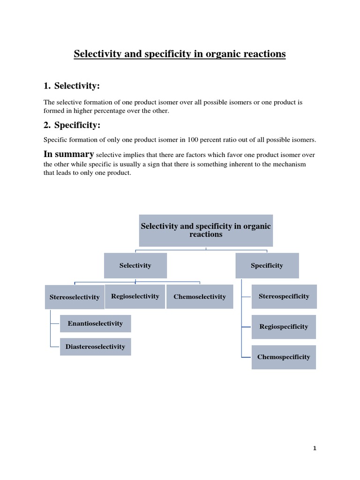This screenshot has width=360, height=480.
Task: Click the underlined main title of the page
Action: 180,54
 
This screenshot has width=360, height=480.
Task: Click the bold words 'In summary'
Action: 68,154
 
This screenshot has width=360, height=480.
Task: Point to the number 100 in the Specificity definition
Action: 193,140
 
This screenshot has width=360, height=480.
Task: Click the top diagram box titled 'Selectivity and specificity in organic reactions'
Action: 206,230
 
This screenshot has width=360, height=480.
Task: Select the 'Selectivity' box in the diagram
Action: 135,265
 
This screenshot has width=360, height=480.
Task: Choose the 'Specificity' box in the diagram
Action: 267,265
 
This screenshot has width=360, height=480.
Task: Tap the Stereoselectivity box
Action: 75,297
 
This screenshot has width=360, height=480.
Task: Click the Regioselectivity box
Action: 135,296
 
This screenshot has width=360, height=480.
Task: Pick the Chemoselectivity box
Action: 200,297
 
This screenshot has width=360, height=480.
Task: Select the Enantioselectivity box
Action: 95,323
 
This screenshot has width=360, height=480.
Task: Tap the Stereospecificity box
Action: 284,296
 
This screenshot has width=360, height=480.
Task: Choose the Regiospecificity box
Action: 284,327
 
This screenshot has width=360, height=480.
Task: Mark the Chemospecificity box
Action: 284,357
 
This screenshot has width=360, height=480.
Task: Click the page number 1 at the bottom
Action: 315,448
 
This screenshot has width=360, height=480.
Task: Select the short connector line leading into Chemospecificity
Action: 247,358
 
